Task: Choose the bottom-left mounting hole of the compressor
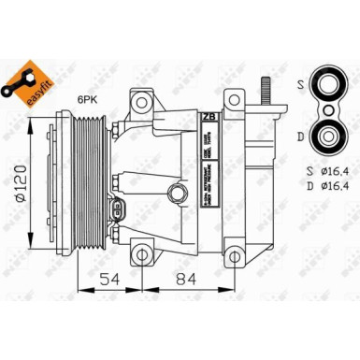[x=141, y=252]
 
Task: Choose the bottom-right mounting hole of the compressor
[x=232, y=252]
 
